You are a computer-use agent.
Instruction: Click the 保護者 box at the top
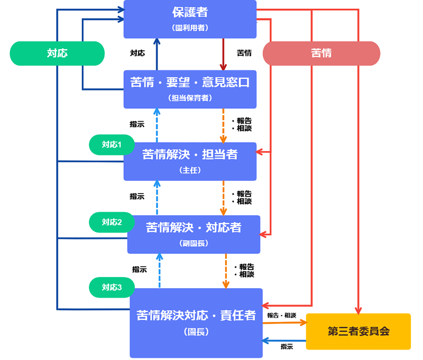190,19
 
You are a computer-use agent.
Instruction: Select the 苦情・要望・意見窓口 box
190,89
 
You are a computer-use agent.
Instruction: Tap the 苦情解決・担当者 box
190,161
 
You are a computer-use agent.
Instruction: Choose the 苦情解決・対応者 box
194,234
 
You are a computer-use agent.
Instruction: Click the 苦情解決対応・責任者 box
196,322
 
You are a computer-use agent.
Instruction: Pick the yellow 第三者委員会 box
358,331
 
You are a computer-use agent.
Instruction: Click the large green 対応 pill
57,53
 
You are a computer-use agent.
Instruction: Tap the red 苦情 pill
321,53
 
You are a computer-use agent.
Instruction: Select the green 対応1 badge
112,144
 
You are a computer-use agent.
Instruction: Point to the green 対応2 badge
112,222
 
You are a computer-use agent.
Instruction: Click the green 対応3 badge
112,287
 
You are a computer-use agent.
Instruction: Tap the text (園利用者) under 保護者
190,28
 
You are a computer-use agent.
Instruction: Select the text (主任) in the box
190,170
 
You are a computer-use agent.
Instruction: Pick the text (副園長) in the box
194,243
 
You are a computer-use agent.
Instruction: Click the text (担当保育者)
190,98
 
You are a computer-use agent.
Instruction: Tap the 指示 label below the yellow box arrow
287,347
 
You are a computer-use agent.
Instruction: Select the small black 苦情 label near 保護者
244,53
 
